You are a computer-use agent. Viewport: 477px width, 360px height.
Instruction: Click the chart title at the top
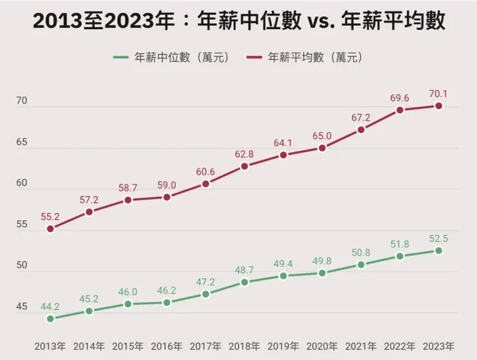pyautogui.click(x=238, y=22)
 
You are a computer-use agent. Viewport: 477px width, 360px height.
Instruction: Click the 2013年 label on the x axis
pyautogui.click(x=50, y=345)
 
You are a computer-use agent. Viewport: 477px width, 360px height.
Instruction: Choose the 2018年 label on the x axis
pyautogui.click(x=244, y=345)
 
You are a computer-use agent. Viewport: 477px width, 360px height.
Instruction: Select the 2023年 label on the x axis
pyautogui.click(x=438, y=345)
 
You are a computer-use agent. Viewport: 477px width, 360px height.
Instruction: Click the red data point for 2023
pyautogui.click(x=438, y=106)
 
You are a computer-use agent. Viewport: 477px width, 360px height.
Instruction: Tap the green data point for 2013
pyautogui.click(x=50, y=319)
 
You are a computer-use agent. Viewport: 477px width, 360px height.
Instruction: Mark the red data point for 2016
pyautogui.click(x=167, y=197)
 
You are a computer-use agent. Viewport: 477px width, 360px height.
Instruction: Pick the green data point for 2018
pyautogui.click(x=244, y=282)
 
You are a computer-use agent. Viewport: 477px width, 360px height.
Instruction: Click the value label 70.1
pyautogui.click(x=438, y=94)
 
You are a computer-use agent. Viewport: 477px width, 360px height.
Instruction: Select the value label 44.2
pyautogui.click(x=50, y=306)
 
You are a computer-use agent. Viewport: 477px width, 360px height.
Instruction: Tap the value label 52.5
pyautogui.click(x=438, y=238)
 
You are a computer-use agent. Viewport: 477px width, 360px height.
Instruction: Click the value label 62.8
pyautogui.click(x=244, y=154)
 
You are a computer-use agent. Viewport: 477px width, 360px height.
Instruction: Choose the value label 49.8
pyautogui.click(x=322, y=260)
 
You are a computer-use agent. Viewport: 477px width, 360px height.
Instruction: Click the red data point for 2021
pyautogui.click(x=361, y=130)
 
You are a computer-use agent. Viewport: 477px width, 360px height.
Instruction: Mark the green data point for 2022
pyautogui.click(x=400, y=256)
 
